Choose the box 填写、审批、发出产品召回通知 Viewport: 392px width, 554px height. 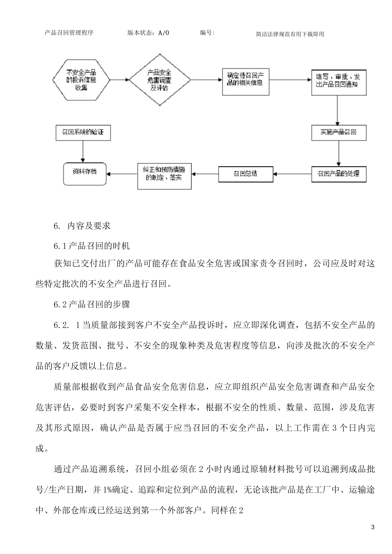click(338, 81)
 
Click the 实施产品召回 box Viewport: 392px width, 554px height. click(338, 133)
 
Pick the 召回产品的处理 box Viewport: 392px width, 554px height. click(338, 174)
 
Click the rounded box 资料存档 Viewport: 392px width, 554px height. click(85, 173)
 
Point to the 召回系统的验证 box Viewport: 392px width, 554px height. click(83, 133)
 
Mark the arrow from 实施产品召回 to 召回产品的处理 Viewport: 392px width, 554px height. click(338, 153)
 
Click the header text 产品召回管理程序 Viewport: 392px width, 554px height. click(69, 33)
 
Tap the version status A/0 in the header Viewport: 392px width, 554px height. click(163, 33)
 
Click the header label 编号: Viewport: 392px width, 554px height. click(207, 33)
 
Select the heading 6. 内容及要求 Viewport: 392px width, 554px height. click(82, 226)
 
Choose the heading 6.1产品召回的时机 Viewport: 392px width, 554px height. click(92, 246)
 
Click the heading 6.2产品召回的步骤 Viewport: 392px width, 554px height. click(92, 305)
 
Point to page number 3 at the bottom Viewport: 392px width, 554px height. click(373, 527)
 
